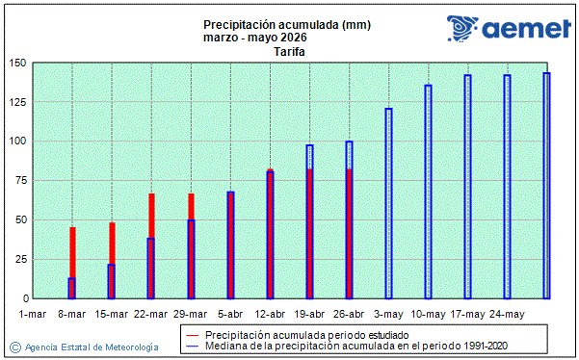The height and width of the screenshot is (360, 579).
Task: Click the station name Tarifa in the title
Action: [289, 52]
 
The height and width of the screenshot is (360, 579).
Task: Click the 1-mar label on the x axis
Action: [33, 314]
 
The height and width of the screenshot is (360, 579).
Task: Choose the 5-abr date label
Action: [230, 314]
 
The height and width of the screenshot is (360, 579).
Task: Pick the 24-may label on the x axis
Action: [507, 314]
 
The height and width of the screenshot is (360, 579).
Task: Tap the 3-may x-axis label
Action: [388, 314]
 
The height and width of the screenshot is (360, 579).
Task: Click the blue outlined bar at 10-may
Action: [428, 193]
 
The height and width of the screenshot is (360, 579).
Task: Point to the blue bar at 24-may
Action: [507, 188]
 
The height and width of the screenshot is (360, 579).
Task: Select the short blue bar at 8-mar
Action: [72, 288]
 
